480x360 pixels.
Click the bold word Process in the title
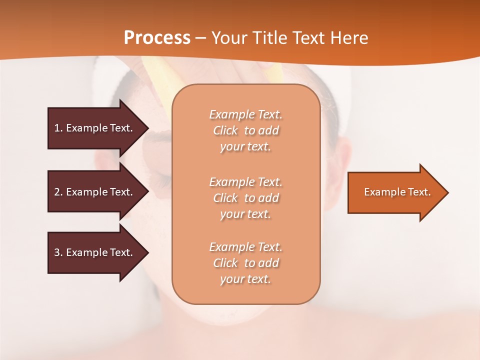coord(157,37)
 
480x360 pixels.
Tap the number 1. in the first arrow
coord(58,128)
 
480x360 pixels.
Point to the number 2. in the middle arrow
coord(58,192)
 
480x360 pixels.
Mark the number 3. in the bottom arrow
coord(58,252)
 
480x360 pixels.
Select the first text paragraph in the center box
coord(245,130)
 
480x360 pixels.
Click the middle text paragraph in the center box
coord(245,198)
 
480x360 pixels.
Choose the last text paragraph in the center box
coord(245,263)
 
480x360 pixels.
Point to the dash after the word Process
coord(200,38)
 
